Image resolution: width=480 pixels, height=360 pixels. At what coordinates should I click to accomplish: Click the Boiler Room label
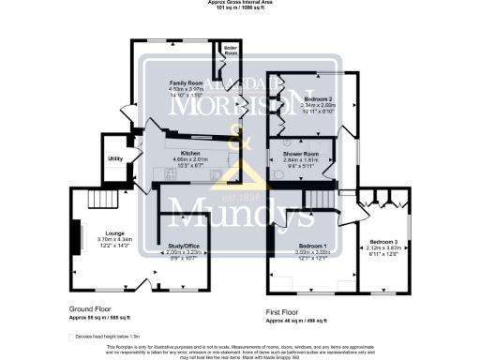pos(230,51)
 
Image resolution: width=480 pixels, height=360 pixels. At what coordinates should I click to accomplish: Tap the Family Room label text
pos(186,83)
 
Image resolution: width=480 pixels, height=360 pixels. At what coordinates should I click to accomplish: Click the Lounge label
pos(89,232)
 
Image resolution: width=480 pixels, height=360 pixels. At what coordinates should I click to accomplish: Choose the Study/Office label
pos(184,246)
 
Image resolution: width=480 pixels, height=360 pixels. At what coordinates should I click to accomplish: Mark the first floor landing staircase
pos(319,198)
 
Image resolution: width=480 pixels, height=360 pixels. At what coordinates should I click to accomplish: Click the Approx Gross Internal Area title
pos(240,3)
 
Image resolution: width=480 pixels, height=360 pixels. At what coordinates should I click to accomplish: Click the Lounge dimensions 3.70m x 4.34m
pos(89,241)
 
